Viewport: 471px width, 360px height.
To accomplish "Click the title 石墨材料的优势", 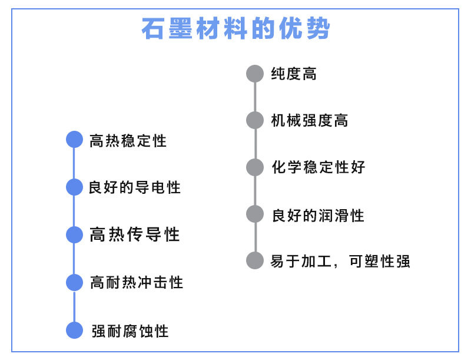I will (x=236, y=28).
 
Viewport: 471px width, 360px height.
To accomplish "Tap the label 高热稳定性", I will (x=128, y=141).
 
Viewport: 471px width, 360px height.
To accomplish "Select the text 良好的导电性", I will (x=134, y=188).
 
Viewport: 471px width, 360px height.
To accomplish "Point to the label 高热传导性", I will (x=135, y=235).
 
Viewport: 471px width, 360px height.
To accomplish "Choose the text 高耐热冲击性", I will (x=137, y=283).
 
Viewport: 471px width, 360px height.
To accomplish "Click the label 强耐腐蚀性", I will (x=130, y=331).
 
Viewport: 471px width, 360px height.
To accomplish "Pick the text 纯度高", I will (x=294, y=74).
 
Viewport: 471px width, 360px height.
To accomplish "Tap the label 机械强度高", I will (x=309, y=121).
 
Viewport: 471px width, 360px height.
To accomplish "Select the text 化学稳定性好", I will (x=318, y=167).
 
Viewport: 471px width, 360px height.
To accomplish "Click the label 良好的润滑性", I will (x=318, y=215).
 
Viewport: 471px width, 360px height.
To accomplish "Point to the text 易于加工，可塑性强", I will (x=340, y=261).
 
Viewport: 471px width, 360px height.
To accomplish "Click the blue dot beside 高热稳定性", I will (x=74, y=140).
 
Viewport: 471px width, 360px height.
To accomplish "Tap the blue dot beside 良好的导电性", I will (x=74, y=187).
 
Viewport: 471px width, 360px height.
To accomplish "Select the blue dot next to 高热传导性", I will (x=74, y=235).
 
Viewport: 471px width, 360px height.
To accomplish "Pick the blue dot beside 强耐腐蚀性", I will (x=74, y=331).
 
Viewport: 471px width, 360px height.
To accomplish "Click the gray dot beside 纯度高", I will (x=255, y=74).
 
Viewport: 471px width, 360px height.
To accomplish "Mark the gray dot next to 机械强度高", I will (x=255, y=120).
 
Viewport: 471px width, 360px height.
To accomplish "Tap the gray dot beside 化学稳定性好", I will (x=255, y=167).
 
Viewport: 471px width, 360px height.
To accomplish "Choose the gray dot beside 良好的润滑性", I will (x=255, y=214).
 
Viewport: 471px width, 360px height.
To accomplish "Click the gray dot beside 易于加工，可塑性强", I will (x=255, y=260).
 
